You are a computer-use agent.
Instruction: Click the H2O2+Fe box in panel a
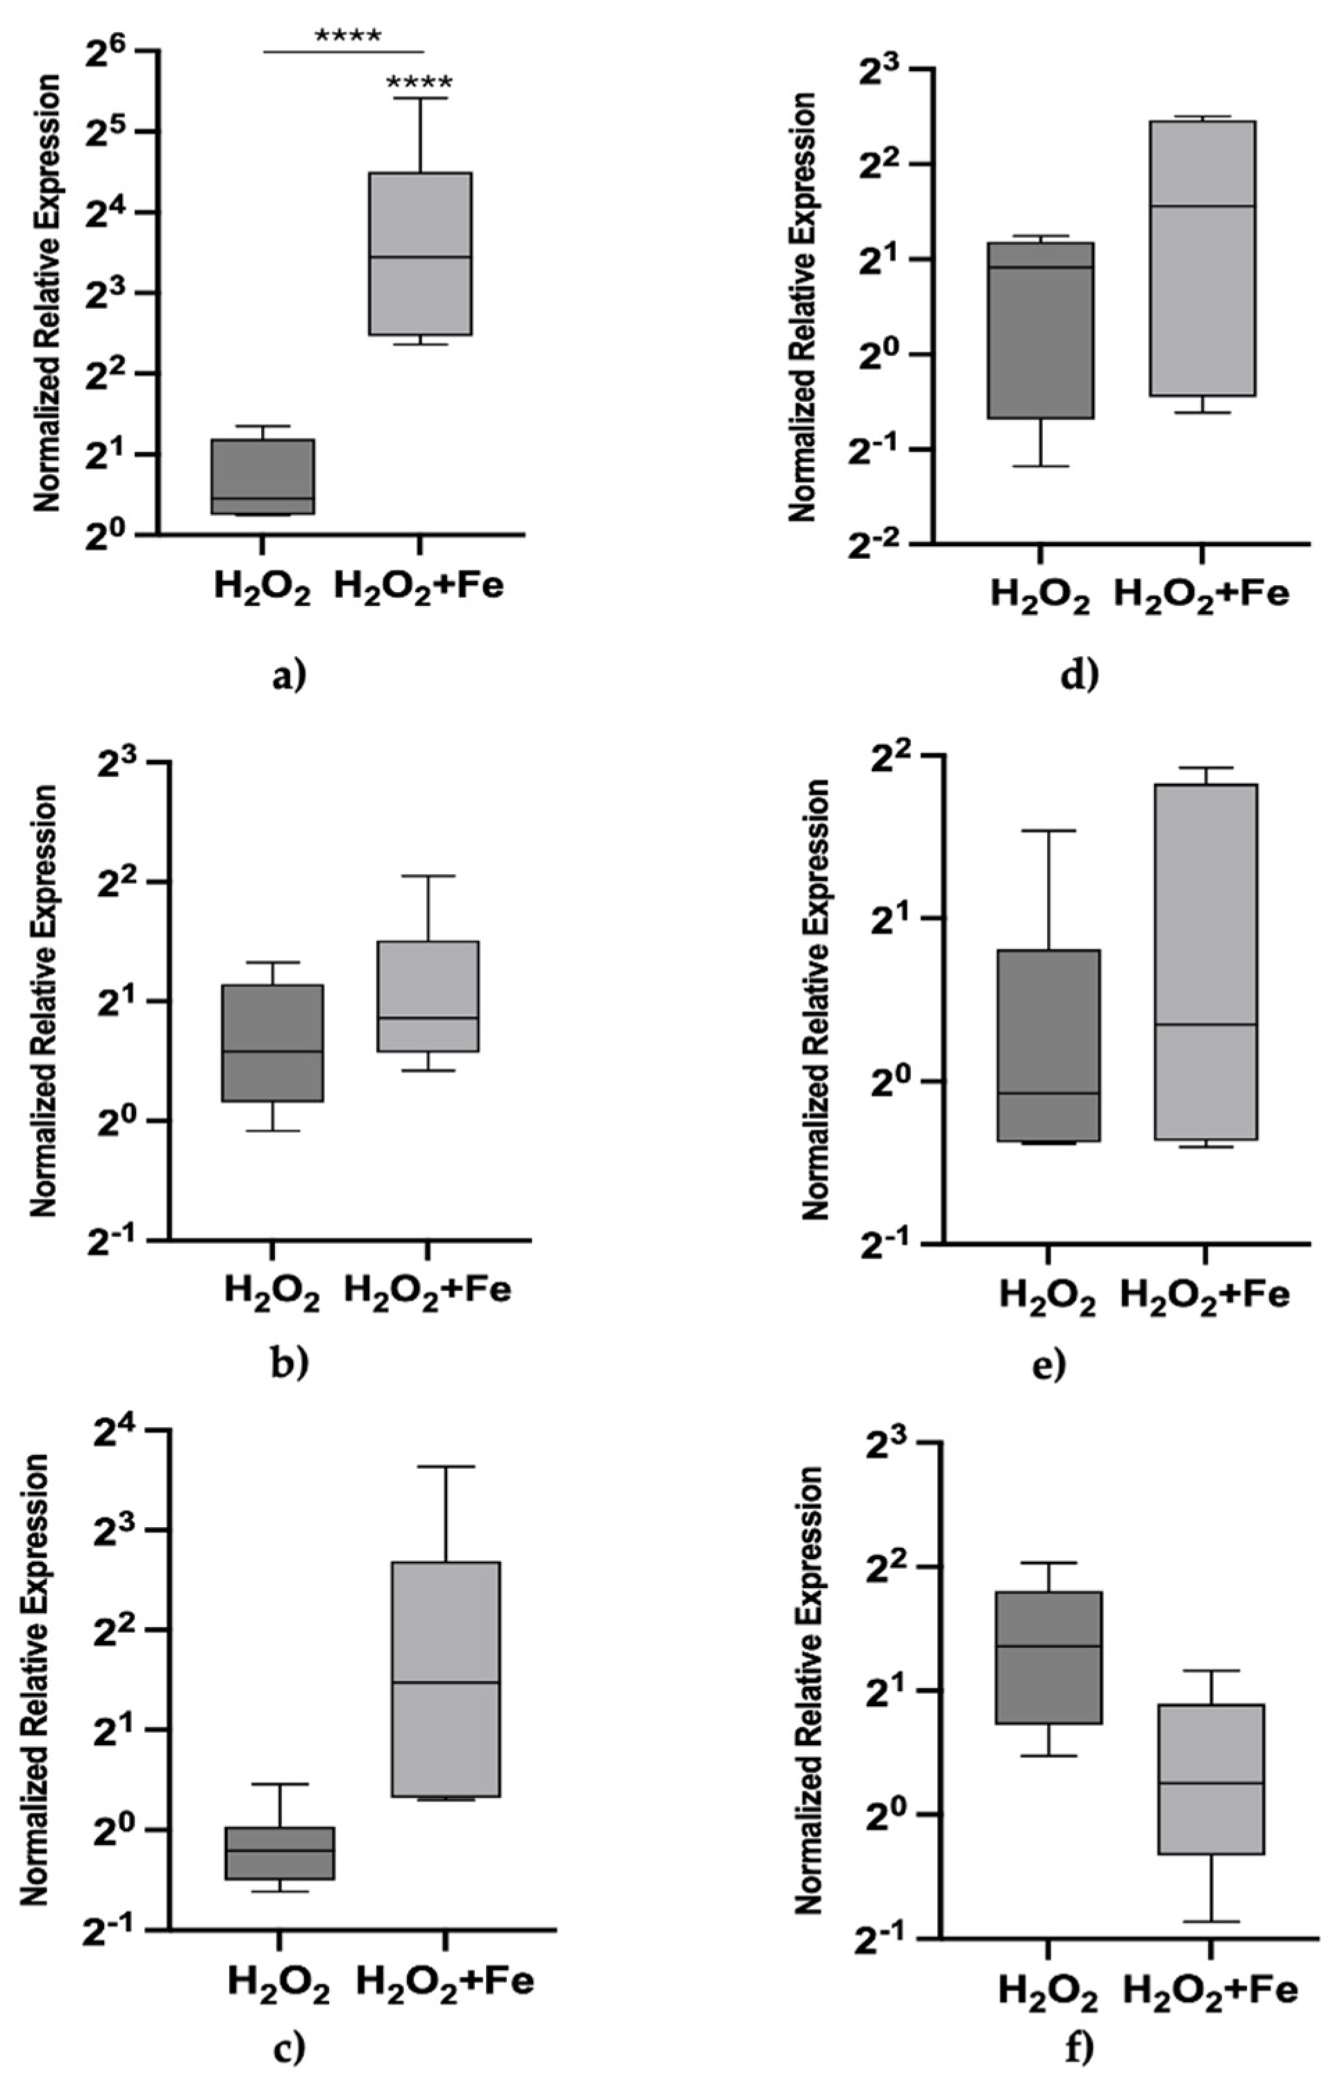point(420,253)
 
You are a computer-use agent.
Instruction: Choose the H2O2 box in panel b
point(272,1042)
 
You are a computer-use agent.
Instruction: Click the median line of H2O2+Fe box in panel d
point(1202,205)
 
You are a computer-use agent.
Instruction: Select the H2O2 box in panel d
point(1041,330)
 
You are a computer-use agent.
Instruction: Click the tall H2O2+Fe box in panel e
point(1205,961)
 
